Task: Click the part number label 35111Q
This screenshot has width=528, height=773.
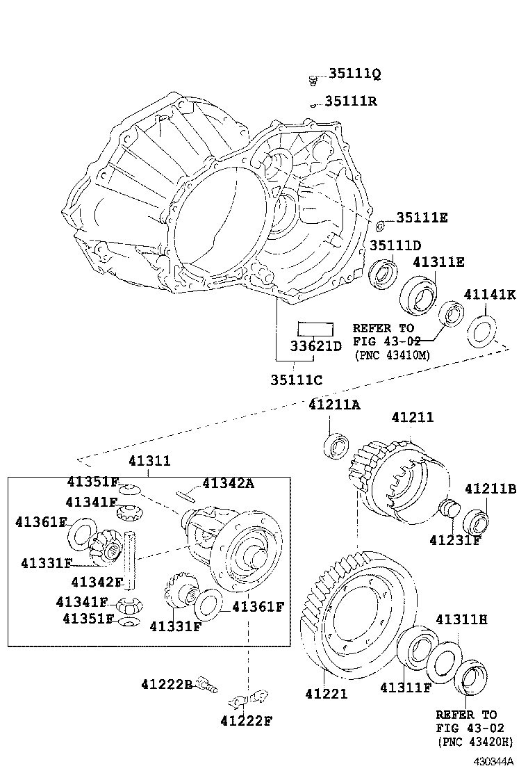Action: click(354, 74)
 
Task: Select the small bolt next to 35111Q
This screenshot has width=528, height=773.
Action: click(313, 81)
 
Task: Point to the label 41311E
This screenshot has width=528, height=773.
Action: click(438, 262)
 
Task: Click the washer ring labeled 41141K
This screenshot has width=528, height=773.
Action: click(480, 330)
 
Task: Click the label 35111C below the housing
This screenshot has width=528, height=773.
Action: click(296, 380)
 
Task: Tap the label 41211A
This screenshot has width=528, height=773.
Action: click(334, 405)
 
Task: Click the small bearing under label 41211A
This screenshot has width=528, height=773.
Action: click(336, 445)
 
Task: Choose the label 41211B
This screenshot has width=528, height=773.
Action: click(490, 489)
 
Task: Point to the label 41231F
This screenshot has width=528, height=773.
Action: click(455, 540)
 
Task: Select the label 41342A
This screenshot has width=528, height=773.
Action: click(228, 483)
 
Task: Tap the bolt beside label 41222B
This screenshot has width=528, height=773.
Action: click(207, 685)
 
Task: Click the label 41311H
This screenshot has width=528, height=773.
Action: click(461, 619)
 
